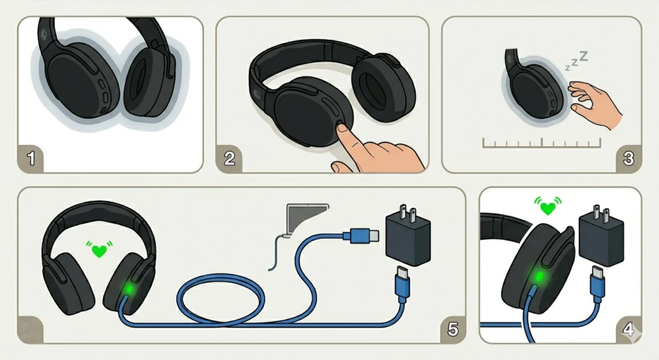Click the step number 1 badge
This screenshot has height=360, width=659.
[31, 158]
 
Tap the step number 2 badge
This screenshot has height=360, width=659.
[229, 158]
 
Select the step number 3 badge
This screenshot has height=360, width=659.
[628, 158]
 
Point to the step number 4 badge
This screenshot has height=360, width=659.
[628, 329]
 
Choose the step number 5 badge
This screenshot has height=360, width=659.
[452, 329]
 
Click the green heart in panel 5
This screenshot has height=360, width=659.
[100, 251]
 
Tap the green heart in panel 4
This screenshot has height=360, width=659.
[548, 208]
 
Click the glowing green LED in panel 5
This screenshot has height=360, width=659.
[129, 289]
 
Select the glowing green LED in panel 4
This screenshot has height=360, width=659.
[539, 276]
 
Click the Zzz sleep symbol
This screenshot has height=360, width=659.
[576, 61]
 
